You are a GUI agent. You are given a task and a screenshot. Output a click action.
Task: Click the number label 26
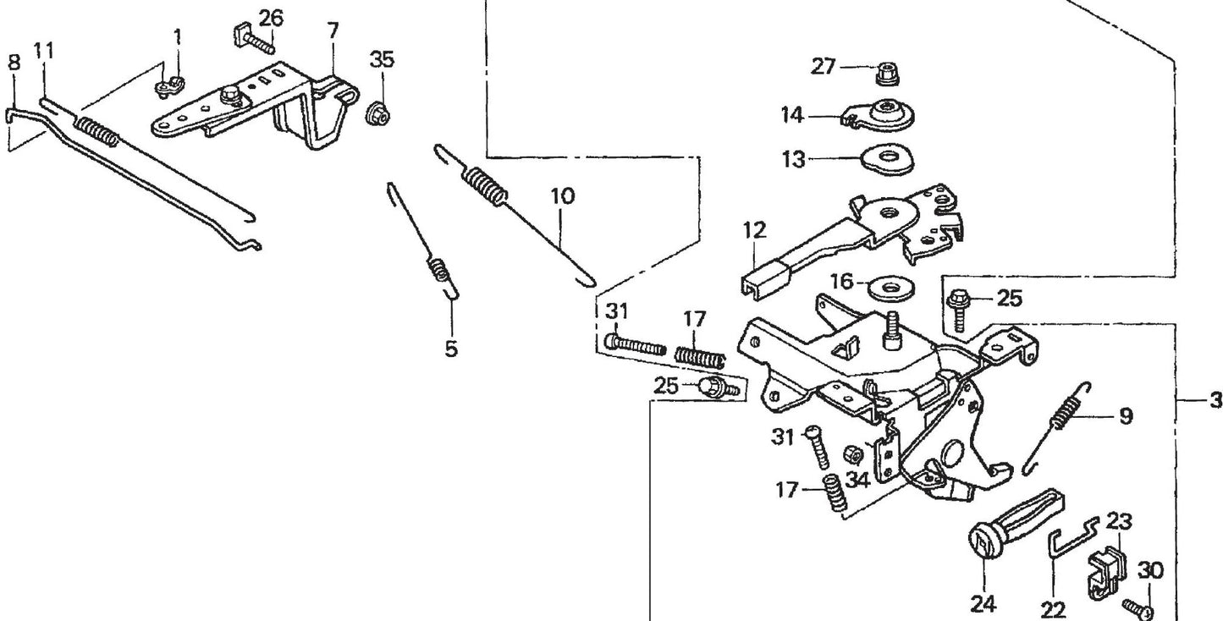[x=271, y=16]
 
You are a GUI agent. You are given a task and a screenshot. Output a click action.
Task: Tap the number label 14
[x=792, y=115]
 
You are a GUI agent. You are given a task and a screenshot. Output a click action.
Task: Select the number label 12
[x=754, y=229]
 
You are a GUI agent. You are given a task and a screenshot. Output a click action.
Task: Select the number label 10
[x=561, y=196]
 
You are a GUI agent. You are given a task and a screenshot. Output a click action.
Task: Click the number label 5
[x=451, y=348]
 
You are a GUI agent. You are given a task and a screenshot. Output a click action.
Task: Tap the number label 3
[x=1215, y=399]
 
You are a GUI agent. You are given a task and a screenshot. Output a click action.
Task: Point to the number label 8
[x=14, y=63]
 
